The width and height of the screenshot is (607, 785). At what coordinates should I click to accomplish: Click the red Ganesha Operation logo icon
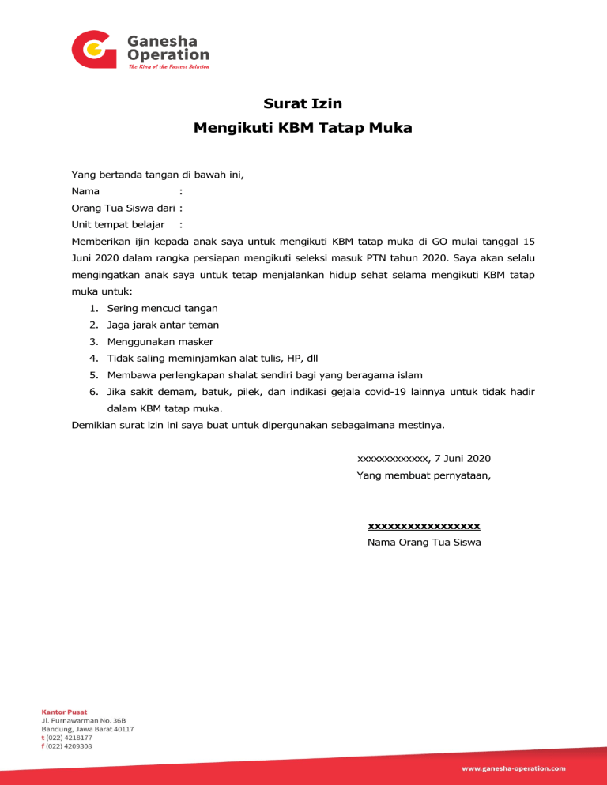(94, 50)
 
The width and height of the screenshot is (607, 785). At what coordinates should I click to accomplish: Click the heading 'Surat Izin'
(303, 103)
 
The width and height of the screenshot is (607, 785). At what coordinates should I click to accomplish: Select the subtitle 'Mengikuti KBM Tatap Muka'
(303, 127)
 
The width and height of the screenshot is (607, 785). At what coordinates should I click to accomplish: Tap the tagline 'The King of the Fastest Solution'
(168, 67)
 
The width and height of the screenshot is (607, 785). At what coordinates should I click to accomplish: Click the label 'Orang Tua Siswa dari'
(123, 208)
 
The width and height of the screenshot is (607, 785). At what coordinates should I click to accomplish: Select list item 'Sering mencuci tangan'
(162, 308)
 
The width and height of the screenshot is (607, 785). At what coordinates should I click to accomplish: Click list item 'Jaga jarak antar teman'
(163, 325)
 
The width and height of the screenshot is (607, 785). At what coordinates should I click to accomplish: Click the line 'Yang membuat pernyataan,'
(424, 475)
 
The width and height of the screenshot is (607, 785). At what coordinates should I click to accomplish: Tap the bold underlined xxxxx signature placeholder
(424, 526)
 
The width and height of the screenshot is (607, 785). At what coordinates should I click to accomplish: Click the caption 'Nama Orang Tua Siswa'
(424, 543)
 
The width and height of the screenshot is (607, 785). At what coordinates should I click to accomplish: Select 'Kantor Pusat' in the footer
(64, 711)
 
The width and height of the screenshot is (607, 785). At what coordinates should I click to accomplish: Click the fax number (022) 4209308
(69, 746)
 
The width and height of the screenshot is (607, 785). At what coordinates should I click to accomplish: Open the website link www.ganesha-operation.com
(514, 768)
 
